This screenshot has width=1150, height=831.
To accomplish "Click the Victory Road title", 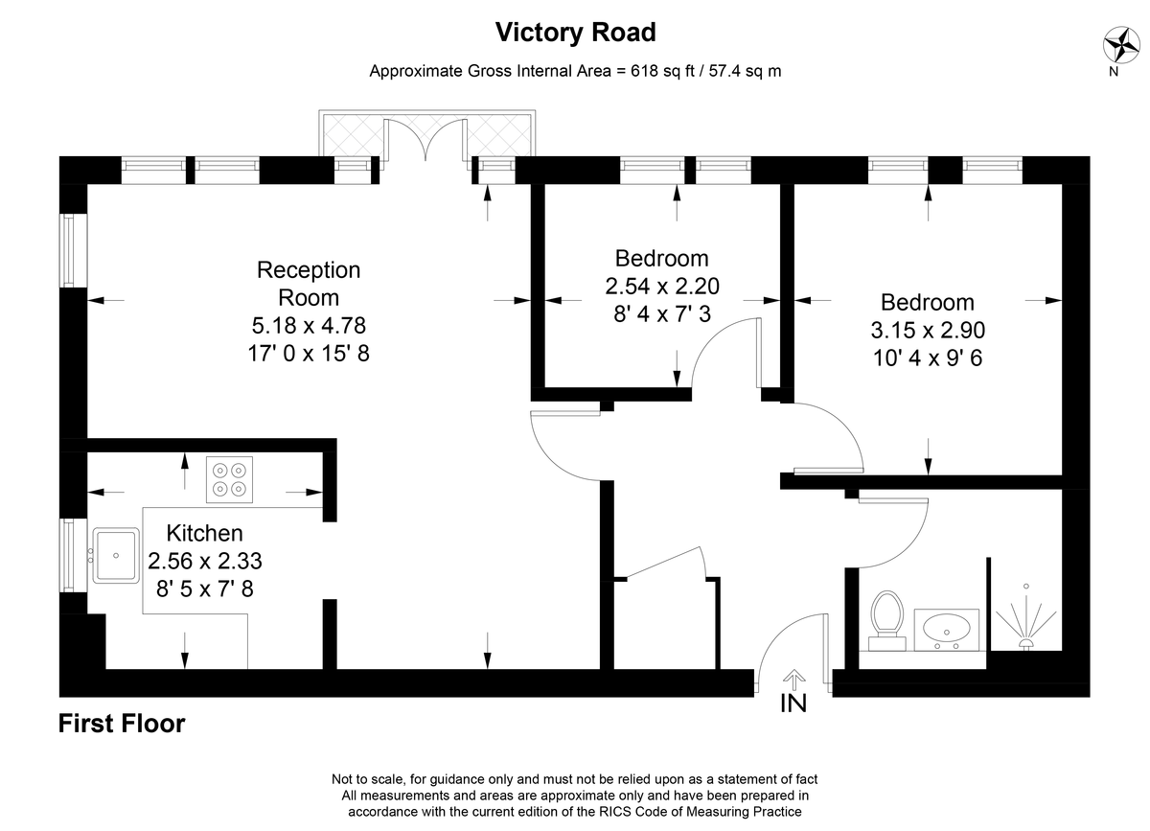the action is click(576, 33).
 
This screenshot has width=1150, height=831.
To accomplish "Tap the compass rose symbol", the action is click(1122, 45).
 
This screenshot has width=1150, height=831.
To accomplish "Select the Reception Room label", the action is click(309, 284).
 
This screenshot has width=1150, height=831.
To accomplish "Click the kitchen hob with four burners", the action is click(229, 479).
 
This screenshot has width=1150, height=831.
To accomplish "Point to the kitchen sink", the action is click(116, 555).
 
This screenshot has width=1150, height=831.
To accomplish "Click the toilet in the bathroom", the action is click(887, 620).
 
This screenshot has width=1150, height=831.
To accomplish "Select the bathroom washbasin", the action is click(947, 630).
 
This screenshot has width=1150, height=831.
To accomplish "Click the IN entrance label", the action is click(793, 704).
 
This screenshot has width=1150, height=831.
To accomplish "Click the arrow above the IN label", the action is click(794, 680).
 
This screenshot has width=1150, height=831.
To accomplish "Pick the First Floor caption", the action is click(122, 724).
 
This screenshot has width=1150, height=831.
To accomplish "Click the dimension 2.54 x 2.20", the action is click(662, 286).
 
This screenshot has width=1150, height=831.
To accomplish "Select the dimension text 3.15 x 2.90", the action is click(928, 331).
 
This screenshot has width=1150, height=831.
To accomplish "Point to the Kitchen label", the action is click(204, 533).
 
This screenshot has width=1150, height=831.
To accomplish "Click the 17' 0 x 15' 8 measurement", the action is click(309, 354).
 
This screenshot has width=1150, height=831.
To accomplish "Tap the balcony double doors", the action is click(425, 140).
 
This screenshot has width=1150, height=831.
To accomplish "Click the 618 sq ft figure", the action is click(662, 71).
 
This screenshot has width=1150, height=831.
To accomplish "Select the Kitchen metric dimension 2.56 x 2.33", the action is click(205, 561).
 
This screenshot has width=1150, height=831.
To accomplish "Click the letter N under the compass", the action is click(1114, 72).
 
